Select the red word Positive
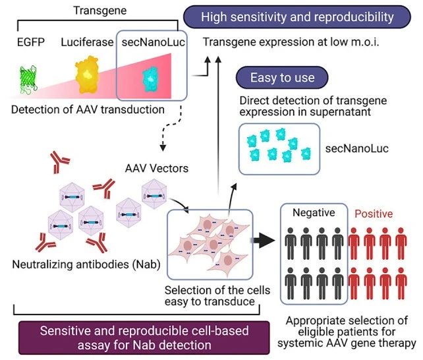click(x=374, y=214)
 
